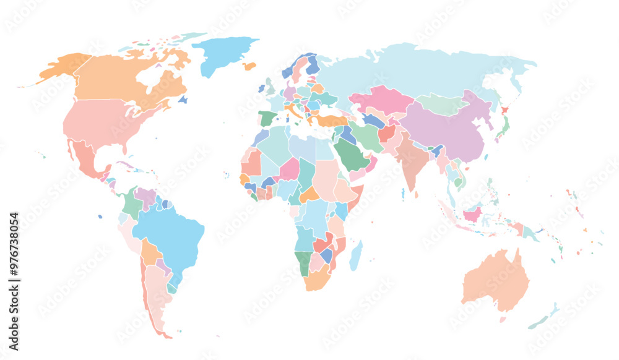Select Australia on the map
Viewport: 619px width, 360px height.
pyautogui.click(x=495, y=281)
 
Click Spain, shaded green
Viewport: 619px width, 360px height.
pyautogui.click(x=266, y=118)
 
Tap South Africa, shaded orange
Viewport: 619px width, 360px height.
pyautogui.click(x=318, y=281)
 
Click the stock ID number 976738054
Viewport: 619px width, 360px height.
pyautogui.click(x=14, y=254)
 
